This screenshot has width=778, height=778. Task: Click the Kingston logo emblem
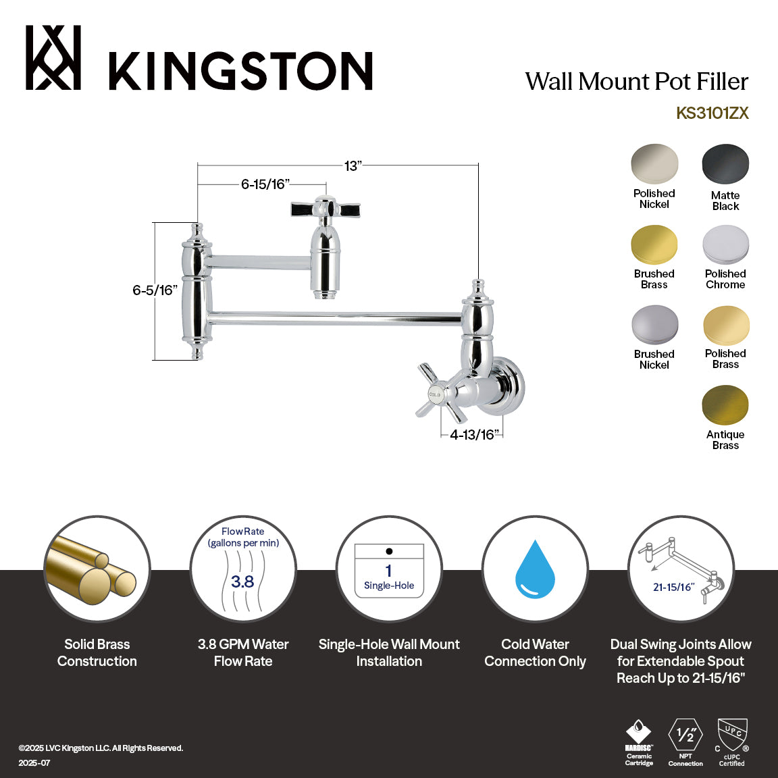(x=53, y=58)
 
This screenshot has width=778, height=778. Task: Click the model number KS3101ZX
(x=712, y=113)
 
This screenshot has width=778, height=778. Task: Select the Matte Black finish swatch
(x=725, y=164)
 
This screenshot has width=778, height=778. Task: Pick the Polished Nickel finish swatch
(x=654, y=164)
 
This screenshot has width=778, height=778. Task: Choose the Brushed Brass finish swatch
(x=654, y=244)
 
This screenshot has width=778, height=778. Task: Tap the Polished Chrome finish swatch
(x=725, y=244)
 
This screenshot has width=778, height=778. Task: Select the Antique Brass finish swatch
(x=725, y=405)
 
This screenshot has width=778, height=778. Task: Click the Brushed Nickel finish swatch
(x=654, y=325)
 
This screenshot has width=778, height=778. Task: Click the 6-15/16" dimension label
(x=265, y=184)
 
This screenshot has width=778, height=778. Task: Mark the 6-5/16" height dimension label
(x=155, y=290)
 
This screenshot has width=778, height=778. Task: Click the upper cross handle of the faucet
(x=326, y=209)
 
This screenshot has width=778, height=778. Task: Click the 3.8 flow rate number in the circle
(x=242, y=581)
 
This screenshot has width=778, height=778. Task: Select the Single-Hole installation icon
(x=389, y=571)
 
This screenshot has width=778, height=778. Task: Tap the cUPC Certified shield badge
(x=732, y=736)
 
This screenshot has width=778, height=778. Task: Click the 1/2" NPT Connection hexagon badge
(x=685, y=735)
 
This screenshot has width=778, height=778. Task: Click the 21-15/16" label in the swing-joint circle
(x=673, y=587)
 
